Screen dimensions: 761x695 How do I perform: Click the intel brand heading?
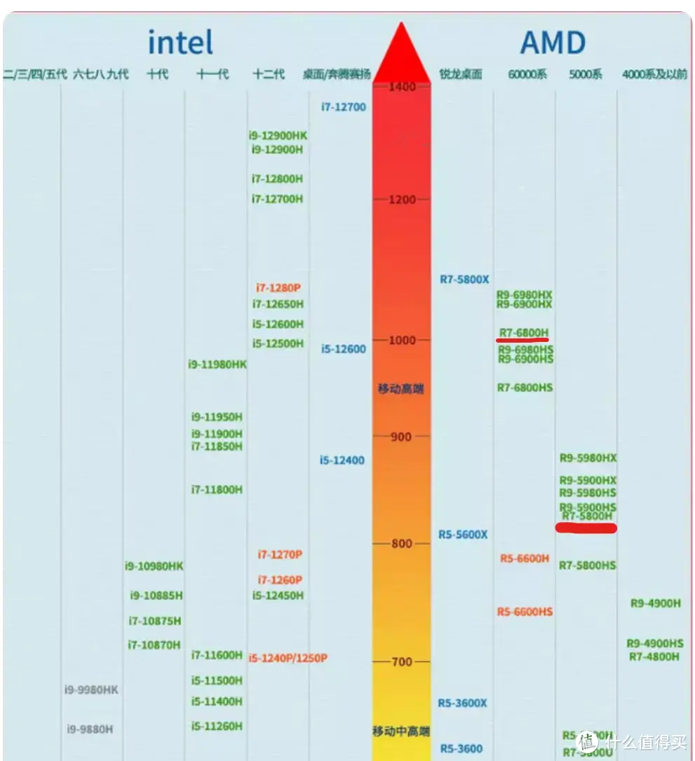180,43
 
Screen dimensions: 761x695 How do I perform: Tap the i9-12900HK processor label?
278,135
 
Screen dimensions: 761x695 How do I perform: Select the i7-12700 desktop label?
344,107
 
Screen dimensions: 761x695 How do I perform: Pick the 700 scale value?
401,662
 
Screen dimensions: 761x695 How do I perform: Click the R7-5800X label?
464,280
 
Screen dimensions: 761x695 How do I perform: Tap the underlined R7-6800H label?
524,332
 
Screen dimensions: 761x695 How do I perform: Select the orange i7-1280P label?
278,288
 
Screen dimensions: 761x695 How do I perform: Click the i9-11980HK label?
217,364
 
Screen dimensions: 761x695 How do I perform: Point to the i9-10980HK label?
154,566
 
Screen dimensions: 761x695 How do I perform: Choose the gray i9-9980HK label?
92,690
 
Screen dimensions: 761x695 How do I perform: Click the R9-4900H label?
656,603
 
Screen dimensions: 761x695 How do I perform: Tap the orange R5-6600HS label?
525,612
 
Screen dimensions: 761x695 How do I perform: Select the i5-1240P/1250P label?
288,658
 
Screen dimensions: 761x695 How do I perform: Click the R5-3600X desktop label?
463,703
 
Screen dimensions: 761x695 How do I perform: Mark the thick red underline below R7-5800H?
586,528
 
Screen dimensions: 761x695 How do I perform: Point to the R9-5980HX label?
588,458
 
